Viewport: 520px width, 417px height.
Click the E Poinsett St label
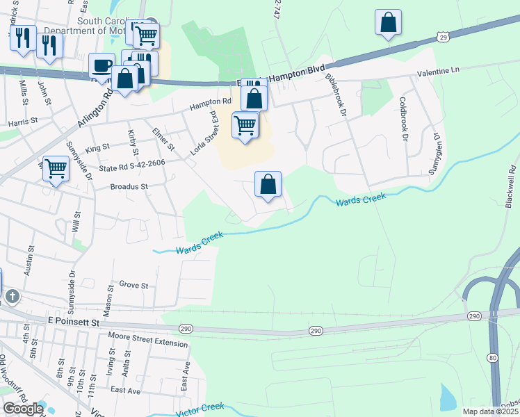tap(74, 322)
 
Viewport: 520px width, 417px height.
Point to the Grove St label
tap(134, 285)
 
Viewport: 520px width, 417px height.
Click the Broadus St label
tap(129, 186)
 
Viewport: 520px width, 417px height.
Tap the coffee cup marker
tap(102, 66)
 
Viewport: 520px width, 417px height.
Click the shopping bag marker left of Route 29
tap(388, 22)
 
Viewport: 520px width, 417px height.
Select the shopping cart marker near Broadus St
tap(56, 168)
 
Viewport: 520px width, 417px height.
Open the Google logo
tap(22, 409)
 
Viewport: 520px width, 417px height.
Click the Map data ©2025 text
tap(490, 411)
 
